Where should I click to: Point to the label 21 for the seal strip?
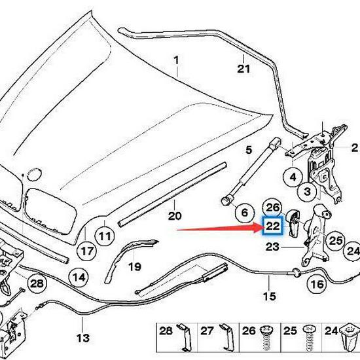tap(243, 68)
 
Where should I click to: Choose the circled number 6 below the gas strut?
tap(242, 213)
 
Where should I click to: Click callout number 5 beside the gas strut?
tap(249, 151)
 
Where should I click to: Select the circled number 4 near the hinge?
tap(293, 177)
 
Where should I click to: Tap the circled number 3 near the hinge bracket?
tap(306, 191)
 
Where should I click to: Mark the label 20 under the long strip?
tap(173, 216)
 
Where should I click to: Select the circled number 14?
tap(79, 277)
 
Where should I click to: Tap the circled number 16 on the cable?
tap(317, 285)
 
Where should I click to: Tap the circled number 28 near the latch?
tap(37, 283)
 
